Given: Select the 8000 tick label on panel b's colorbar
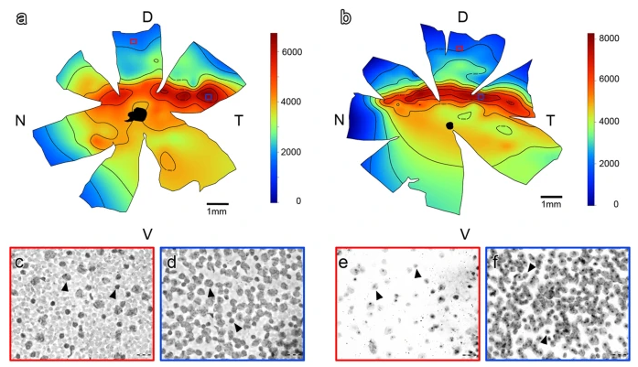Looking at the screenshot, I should (611, 40).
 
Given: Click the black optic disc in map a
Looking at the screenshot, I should (138, 113).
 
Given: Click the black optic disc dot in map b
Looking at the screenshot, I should (449, 124).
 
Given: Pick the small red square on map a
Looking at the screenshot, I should (134, 40).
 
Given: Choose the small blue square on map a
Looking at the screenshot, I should (209, 96).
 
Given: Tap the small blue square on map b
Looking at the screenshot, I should (480, 96).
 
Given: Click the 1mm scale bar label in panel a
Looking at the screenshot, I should (217, 212).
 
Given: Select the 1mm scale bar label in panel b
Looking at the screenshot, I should (550, 204).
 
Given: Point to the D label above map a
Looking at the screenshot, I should (146, 16).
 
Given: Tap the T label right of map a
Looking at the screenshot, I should (239, 121).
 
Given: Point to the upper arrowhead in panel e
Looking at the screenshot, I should (416, 274).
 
